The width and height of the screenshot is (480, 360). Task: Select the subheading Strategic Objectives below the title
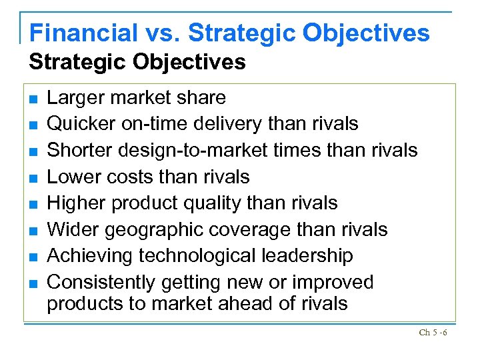[x=137, y=63]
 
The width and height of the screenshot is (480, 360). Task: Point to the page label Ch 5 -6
[x=433, y=332]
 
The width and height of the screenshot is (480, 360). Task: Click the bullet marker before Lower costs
[x=32, y=177]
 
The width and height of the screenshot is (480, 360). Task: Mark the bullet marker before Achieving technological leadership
[x=32, y=256]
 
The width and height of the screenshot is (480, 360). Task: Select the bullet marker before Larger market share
[x=32, y=99]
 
